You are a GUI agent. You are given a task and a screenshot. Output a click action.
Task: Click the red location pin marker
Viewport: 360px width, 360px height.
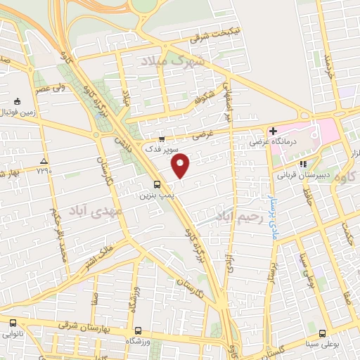[x=181, y=165]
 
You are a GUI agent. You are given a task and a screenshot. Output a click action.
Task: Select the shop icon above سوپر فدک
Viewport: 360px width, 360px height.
[x=162, y=139]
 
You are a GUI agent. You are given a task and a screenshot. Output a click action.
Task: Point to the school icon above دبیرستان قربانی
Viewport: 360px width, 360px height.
[x=304, y=165]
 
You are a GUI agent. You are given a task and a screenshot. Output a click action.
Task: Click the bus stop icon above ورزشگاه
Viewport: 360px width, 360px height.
[x=137, y=329]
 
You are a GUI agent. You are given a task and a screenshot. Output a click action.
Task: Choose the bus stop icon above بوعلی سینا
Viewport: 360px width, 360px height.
[x=322, y=334]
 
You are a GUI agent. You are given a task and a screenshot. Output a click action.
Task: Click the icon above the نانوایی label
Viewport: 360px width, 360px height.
[x=13, y=323]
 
